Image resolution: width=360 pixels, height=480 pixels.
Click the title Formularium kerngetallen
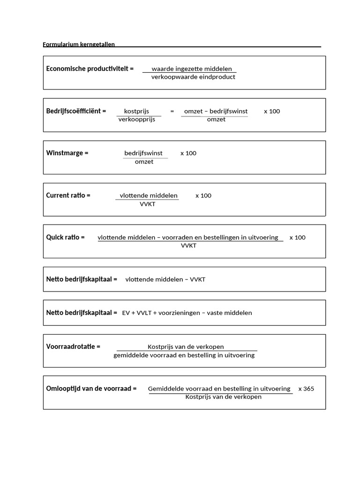pyautogui.click(x=79, y=45)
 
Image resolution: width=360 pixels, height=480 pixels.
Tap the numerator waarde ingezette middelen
pyautogui.click(x=192, y=69)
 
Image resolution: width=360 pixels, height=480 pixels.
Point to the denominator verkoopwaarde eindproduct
pyautogui.click(x=193, y=77)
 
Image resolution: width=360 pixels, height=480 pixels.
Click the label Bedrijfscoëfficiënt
pyautogui.click(x=76, y=111)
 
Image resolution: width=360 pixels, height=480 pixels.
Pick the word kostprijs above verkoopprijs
pyautogui.click(x=136, y=111)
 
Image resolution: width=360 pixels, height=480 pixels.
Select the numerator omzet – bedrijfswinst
pyautogui.click(x=216, y=111)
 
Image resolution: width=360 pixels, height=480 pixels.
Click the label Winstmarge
pyautogui.click(x=67, y=153)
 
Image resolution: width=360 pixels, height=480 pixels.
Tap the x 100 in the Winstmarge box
pyautogui.click(x=188, y=153)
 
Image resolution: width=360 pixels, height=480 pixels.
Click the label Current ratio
pyautogui.click(x=68, y=195)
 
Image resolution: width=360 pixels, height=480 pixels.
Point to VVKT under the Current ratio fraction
pyautogui.click(x=147, y=204)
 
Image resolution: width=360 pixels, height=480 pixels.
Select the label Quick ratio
pyautogui.click(x=66, y=237)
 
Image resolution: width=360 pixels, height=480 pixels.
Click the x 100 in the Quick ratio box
pyautogui.click(x=297, y=237)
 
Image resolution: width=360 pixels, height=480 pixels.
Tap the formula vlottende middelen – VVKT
pyautogui.click(x=165, y=279)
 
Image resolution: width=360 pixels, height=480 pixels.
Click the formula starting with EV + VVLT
pyautogui.click(x=187, y=313)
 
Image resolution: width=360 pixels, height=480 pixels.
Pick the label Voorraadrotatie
pyautogui.click(x=74, y=346)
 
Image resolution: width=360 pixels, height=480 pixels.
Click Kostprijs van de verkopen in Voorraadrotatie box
pyautogui.click(x=186, y=347)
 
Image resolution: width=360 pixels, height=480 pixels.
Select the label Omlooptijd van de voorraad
pyautogui.click(x=91, y=389)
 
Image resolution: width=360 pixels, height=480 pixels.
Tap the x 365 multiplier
pyautogui.click(x=306, y=389)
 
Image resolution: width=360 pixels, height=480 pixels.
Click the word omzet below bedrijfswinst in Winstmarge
pyautogui.click(x=144, y=162)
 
